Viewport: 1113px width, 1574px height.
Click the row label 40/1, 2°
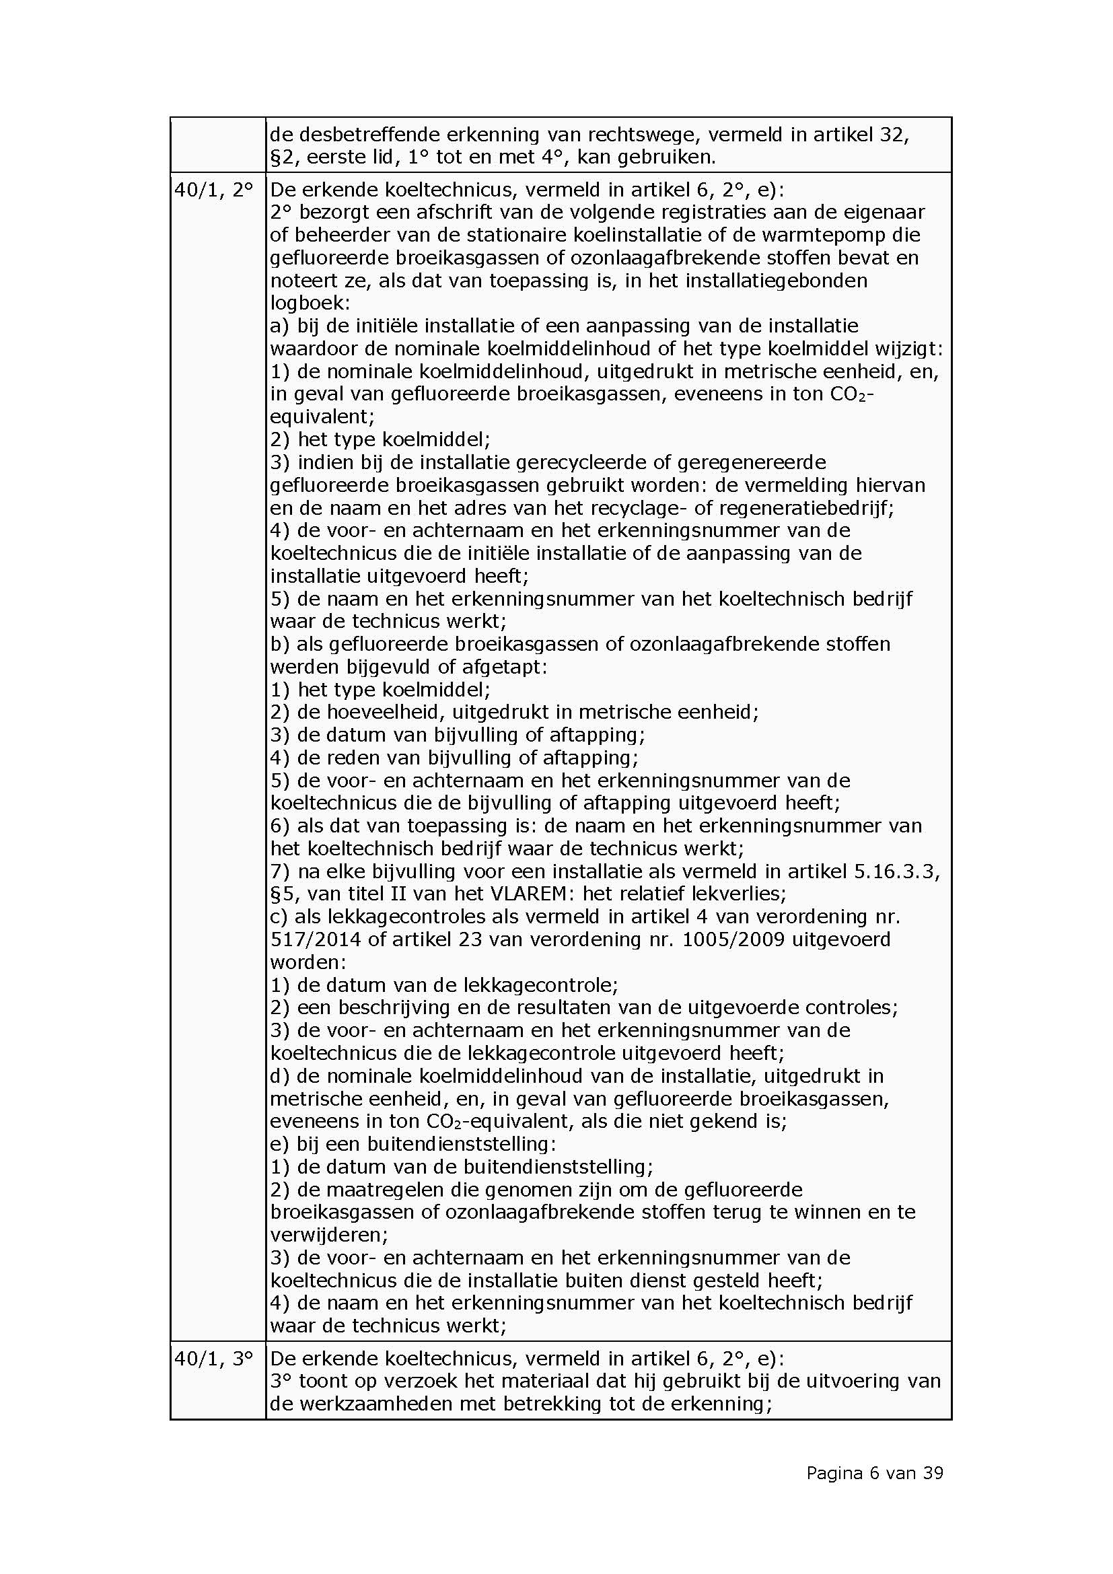[214, 190]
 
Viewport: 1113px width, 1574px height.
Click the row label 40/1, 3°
[214, 1359]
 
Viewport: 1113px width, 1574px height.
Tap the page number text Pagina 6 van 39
[875, 1472]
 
